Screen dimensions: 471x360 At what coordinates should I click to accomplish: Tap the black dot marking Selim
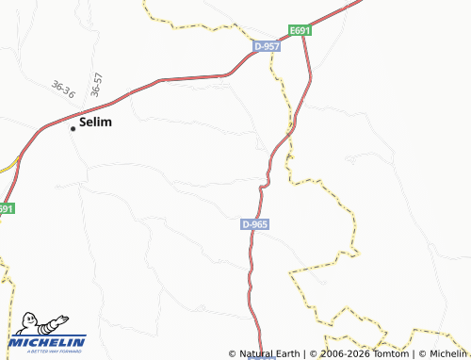(73, 128)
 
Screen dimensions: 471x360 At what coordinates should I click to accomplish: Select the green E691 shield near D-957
(300, 31)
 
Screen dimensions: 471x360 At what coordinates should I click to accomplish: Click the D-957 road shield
(267, 45)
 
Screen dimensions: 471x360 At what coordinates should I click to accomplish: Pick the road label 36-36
(63, 90)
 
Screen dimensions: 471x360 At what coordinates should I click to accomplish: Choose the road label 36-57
(96, 85)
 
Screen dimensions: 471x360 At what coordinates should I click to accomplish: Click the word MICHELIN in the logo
(48, 342)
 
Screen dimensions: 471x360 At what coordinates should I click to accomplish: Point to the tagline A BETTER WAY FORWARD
(48, 352)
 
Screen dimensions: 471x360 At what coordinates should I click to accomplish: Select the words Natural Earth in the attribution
(271, 354)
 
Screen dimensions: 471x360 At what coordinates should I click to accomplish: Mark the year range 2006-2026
(344, 354)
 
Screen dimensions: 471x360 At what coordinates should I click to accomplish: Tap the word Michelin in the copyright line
(446, 354)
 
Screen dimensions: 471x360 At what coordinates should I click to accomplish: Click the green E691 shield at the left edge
(6, 208)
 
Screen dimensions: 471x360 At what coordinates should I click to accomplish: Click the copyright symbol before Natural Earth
(233, 354)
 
